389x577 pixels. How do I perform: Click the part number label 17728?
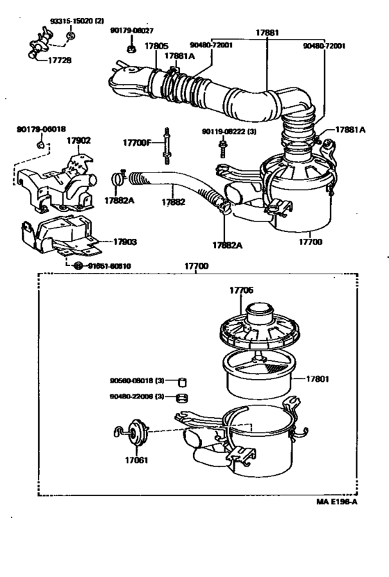[x=60, y=60]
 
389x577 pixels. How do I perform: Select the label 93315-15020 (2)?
[x=76, y=22]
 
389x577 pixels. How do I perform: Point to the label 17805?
[x=156, y=47]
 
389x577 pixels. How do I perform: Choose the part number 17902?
[x=78, y=140]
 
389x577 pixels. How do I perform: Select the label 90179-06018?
[x=42, y=129]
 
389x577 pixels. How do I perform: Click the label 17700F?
[x=137, y=143]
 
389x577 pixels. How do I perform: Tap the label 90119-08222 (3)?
[x=229, y=131]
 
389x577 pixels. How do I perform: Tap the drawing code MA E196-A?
[x=336, y=503]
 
